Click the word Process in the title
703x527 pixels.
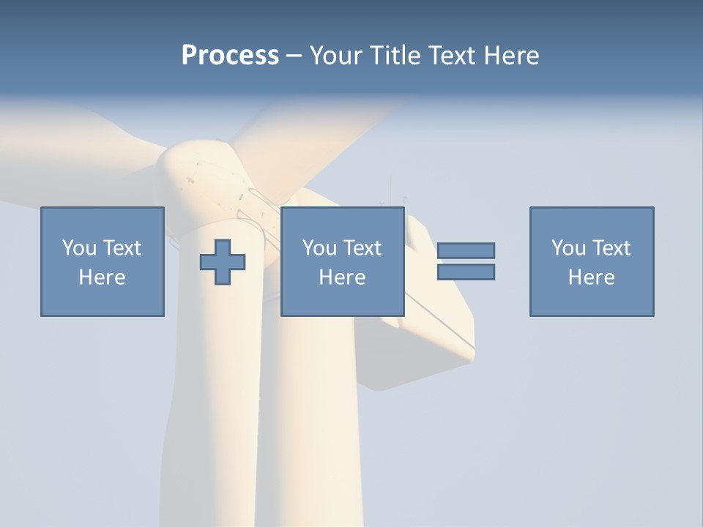coord(230,56)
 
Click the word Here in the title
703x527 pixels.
coord(512,56)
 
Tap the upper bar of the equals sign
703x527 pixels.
coord(466,250)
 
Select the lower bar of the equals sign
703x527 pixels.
coord(466,272)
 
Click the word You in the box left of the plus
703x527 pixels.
coord(79,248)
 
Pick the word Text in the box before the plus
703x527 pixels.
coord(121,248)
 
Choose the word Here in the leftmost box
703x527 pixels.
coord(103,277)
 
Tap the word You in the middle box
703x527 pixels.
coord(319,248)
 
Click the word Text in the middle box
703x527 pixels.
coord(361,248)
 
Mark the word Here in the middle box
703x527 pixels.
coord(343,277)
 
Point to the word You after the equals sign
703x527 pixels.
coord(568,248)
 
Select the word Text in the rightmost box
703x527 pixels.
coord(610,248)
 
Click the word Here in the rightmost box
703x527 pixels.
coord(592,277)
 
